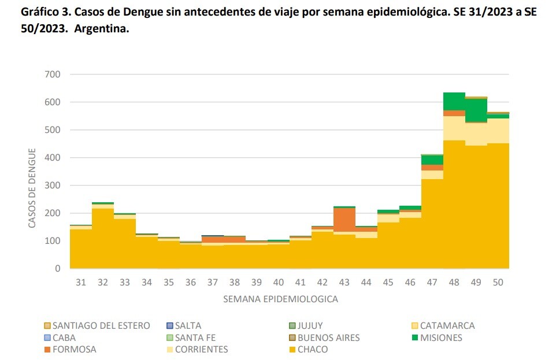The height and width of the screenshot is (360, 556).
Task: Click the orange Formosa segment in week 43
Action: [344, 220]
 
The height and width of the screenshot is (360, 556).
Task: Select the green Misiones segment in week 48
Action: [454, 101]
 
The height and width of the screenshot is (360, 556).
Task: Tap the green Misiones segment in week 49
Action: [476, 110]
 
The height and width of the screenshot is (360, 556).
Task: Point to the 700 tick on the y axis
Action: [52, 75]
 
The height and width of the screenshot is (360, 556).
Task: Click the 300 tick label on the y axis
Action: [52, 185]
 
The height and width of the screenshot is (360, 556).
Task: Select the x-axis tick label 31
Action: [81, 282]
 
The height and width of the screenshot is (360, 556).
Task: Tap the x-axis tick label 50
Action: [498, 282]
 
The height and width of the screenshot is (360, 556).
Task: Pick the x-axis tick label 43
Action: [344, 282]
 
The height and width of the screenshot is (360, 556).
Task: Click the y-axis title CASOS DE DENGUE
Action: [32, 188]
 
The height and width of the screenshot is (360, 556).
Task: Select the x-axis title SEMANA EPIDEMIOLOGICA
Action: [280, 299]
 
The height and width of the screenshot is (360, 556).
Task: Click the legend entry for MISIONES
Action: [441, 337]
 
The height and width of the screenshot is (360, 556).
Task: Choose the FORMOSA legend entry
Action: [74, 350]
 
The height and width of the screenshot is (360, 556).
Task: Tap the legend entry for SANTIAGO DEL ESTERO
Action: [101, 325]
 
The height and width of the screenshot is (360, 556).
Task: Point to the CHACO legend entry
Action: [312, 350]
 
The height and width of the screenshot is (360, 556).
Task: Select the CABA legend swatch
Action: [47, 337]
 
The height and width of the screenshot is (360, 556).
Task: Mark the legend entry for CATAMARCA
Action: [447, 325]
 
